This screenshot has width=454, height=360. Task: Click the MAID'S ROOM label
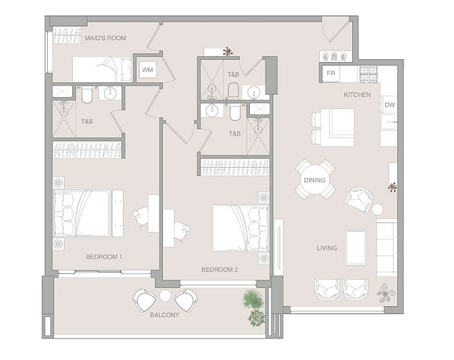pyautogui.click(x=105, y=38)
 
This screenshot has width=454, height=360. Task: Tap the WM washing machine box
pyautogui.click(x=148, y=69)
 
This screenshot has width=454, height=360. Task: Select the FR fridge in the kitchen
pyautogui.click(x=331, y=73)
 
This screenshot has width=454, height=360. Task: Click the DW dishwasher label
pyautogui.click(x=389, y=105)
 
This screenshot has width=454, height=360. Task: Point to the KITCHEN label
pyautogui.click(x=357, y=95)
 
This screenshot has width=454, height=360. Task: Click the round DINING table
pyautogui.click(x=315, y=180)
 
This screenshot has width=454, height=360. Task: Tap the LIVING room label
pyautogui.click(x=327, y=248)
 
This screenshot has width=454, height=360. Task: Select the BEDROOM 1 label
pyautogui.click(x=104, y=257)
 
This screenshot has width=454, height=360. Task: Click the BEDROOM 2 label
pyautogui.click(x=220, y=270)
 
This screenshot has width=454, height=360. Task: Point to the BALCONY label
pyautogui.click(x=164, y=315)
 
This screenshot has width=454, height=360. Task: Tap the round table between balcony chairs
pyautogui.click(x=165, y=295)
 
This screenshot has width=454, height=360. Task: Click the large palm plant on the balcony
pyautogui.click(x=253, y=299)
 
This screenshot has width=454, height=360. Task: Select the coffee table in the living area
pyautogui.click(x=356, y=248)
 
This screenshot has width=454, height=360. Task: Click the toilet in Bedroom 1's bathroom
pyautogui.click(x=87, y=94)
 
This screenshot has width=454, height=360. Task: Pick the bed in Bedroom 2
pyautogui.click(x=240, y=228)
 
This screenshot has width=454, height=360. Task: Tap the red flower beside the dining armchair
pyautogui.click(x=392, y=187)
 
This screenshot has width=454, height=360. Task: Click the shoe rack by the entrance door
pyautogui.click(x=335, y=56)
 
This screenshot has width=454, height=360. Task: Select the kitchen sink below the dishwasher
pyautogui.click(x=389, y=121)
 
